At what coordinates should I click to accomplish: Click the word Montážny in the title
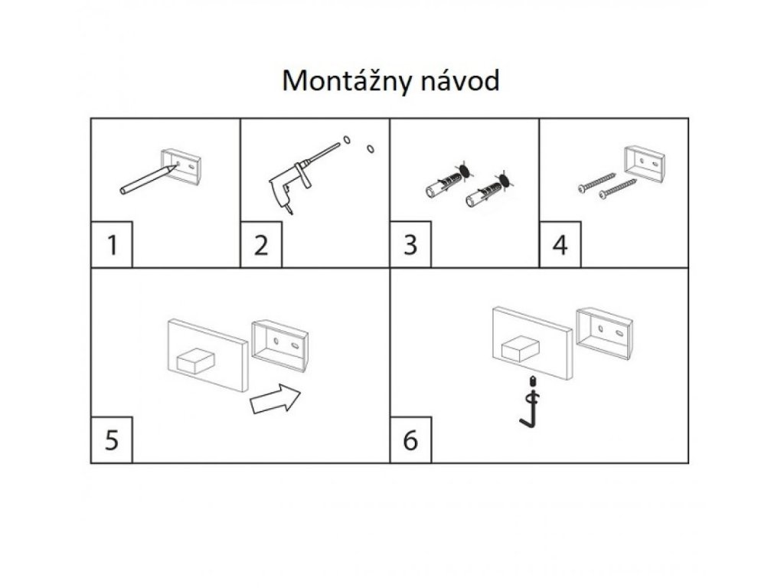click(341, 81)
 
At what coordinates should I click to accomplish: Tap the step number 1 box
click(112, 246)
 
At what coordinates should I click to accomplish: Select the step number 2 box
click(261, 246)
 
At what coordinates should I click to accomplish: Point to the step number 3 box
click(410, 246)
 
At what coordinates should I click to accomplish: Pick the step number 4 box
click(560, 246)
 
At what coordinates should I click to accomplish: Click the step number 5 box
click(112, 441)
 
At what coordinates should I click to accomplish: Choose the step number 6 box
click(410, 441)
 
